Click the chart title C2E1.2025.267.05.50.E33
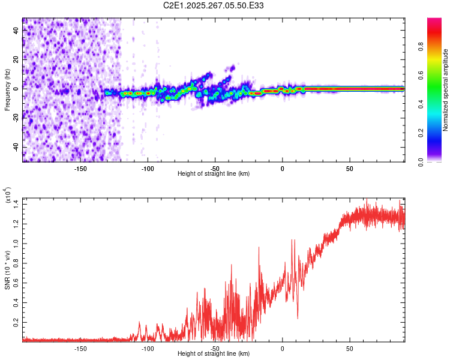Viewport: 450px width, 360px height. point(214,5)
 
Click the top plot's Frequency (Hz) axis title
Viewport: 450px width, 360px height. point(7,90)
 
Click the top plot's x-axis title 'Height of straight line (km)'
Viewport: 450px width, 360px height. point(214,174)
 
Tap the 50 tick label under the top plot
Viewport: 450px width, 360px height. point(349,168)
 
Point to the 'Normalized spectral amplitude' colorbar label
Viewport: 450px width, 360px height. point(446,90)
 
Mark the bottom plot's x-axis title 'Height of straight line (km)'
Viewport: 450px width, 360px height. point(214,354)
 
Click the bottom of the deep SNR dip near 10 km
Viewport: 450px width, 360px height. point(298,319)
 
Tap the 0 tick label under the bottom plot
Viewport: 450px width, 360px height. point(282,349)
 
